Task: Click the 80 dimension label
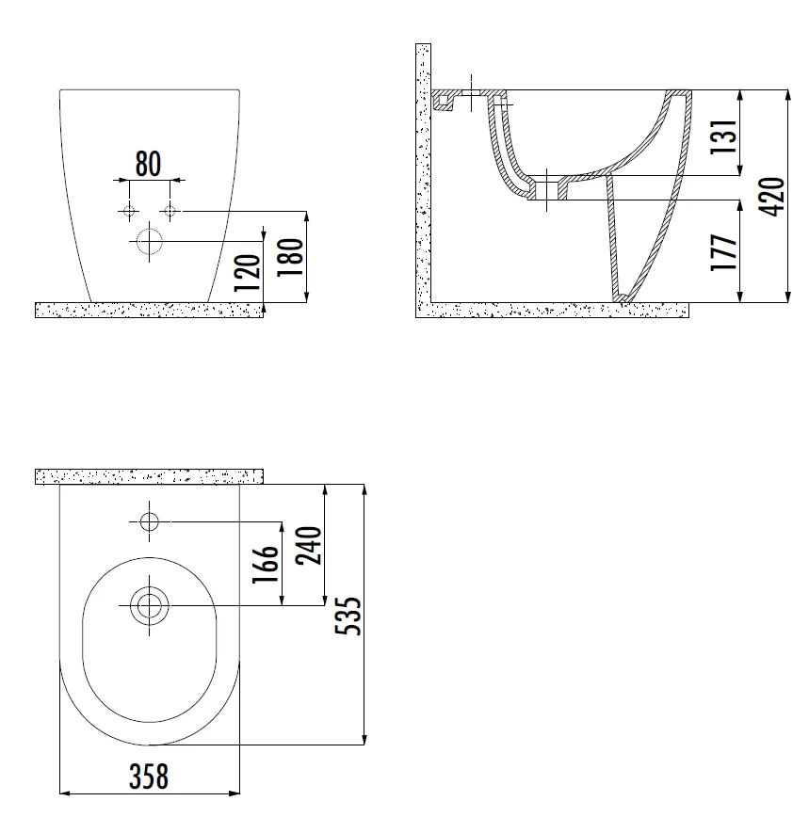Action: [148, 164]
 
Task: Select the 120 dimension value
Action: [248, 273]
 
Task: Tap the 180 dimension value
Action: [290, 257]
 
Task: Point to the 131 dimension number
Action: [724, 137]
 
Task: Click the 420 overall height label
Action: [771, 197]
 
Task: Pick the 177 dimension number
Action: [724, 252]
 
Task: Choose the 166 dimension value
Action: [266, 564]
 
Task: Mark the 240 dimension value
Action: [309, 546]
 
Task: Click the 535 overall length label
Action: [348, 617]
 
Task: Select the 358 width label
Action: [149, 777]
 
